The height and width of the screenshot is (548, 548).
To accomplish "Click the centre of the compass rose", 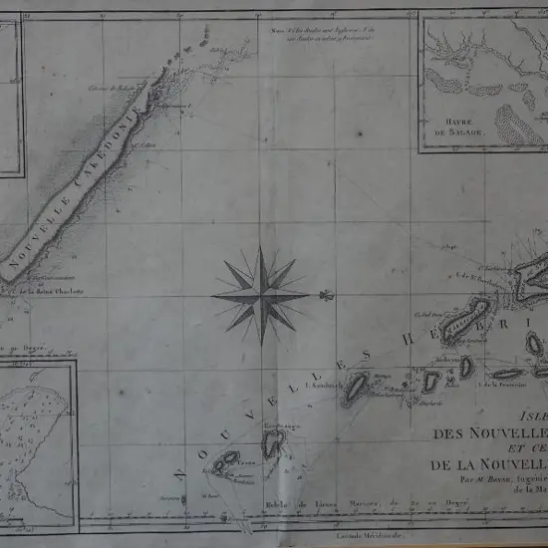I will click(261, 295).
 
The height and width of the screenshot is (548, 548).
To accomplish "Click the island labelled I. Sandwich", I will click(355, 390).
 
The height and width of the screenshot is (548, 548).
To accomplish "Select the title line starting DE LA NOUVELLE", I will click(488, 465).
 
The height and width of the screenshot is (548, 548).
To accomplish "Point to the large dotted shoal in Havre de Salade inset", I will click(517, 124).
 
